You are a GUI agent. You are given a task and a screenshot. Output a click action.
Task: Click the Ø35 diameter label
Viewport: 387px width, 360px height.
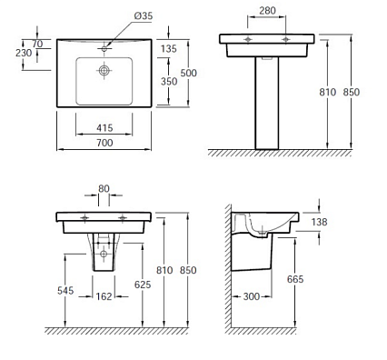coord(144,15)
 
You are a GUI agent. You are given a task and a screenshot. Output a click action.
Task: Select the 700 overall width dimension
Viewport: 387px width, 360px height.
coord(104,143)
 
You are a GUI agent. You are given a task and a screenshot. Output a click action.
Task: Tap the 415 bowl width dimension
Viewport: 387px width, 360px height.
coord(104,128)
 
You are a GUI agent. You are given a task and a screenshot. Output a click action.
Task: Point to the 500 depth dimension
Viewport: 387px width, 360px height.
coord(188,73)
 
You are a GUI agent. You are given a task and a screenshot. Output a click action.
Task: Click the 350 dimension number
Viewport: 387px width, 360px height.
coord(169,81)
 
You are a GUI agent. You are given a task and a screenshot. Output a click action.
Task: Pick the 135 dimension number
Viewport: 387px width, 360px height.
coord(169,48)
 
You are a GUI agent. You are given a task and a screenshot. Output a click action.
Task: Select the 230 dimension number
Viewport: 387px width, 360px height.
coord(24,53)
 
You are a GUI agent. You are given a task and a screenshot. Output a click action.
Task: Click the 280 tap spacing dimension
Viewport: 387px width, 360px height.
coord(267,11)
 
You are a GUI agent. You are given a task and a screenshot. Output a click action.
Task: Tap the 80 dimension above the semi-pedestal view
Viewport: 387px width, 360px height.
coord(104,188)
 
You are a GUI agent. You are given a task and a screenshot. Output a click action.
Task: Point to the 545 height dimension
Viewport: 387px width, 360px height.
coord(65,291)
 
